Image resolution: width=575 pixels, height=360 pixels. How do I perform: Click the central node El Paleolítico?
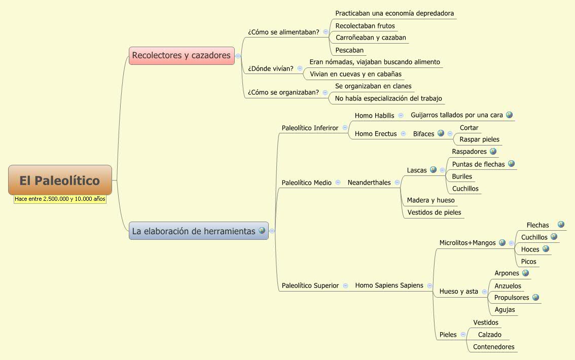60,180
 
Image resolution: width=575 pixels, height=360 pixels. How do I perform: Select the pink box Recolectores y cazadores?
182,55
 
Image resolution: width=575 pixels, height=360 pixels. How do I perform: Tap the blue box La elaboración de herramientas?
194,231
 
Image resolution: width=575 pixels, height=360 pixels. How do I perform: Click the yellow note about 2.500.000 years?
60,199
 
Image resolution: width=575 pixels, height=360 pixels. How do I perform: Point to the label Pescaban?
349,50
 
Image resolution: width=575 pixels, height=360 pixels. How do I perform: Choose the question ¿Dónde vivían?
271,68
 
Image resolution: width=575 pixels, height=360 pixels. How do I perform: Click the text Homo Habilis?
374,116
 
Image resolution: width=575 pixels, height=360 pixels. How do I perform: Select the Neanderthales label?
369,183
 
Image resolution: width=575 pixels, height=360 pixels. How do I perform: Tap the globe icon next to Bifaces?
441,133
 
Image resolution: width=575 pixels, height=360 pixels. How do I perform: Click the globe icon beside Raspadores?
493,151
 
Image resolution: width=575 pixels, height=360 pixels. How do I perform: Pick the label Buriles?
462,176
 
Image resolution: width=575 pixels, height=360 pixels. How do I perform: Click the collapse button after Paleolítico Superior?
345,285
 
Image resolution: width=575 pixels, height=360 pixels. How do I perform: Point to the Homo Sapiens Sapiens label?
389,285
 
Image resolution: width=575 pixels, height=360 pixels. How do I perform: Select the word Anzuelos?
508,286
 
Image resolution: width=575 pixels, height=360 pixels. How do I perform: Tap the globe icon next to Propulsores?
535,297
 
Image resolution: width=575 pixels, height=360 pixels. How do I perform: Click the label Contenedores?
493,347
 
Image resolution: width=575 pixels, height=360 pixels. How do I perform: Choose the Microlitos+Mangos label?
467,243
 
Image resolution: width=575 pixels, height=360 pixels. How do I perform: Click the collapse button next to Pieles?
463,335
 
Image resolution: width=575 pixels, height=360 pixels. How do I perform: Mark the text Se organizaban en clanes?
373,86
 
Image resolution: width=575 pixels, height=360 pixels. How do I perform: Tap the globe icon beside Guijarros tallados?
509,115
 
